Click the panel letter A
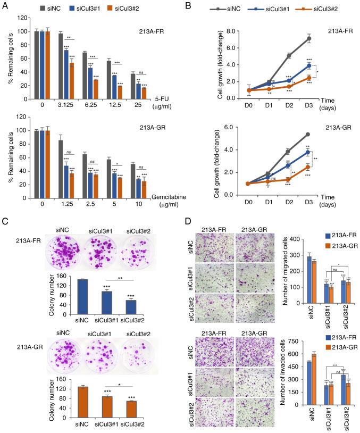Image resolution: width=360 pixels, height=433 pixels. (6, 6)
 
